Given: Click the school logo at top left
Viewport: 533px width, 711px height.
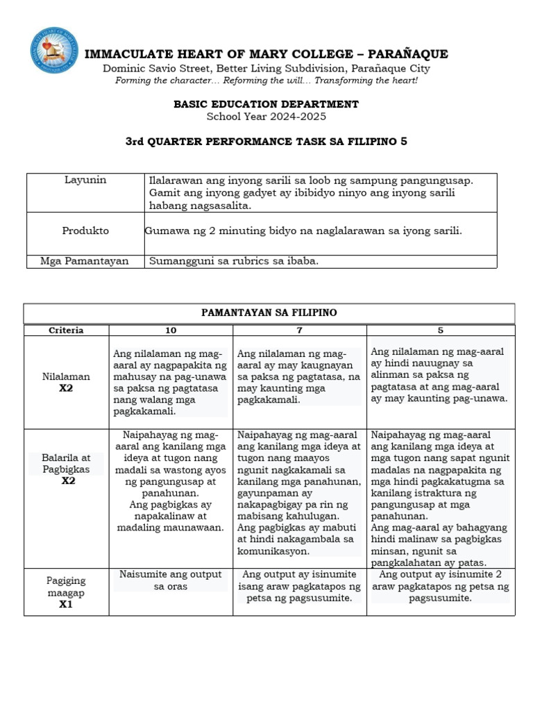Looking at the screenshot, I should [54, 51].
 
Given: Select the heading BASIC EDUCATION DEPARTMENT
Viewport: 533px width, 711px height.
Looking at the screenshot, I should [266, 104].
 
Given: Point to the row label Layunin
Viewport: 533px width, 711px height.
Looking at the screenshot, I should [84, 180].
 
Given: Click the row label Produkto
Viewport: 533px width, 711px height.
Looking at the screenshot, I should [84, 231].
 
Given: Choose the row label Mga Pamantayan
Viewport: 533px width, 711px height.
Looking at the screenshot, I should [84, 261].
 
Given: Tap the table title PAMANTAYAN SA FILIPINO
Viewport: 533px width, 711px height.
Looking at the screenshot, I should [269, 313].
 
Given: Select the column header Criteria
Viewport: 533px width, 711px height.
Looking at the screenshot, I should [66, 331].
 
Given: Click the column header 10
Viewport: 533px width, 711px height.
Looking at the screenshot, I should [171, 331].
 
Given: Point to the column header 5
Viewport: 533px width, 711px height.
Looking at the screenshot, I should [440, 331].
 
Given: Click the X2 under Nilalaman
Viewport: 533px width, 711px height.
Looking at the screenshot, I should [66, 388].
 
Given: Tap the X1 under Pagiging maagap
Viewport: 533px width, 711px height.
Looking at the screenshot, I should [66, 604].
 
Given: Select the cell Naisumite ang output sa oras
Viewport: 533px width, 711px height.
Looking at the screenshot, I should [171, 580].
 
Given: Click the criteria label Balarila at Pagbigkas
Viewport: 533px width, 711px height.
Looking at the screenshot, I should [66, 464].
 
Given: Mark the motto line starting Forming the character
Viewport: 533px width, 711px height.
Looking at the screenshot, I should [266, 81].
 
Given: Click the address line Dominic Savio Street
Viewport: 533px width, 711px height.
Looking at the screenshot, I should [266, 68].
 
